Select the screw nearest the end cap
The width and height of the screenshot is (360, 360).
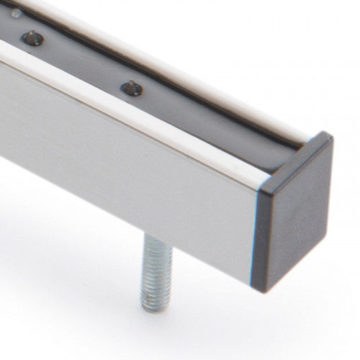tap(131, 88)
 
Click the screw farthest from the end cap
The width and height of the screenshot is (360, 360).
tap(30, 37)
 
